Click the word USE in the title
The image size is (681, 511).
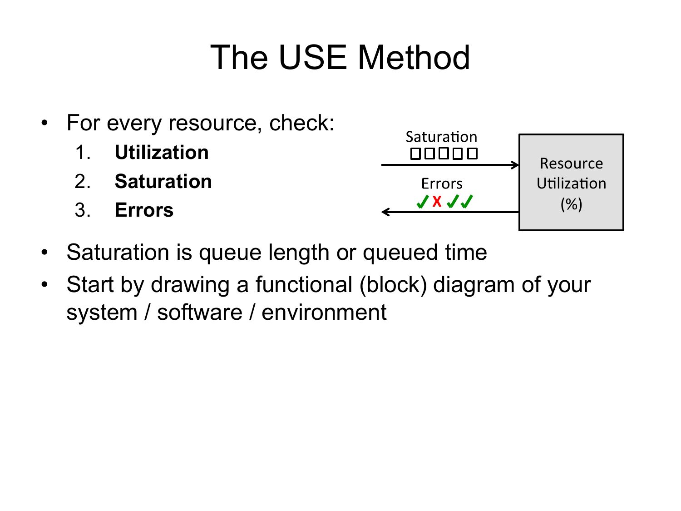[x=313, y=57]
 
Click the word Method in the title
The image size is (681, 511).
[x=414, y=57]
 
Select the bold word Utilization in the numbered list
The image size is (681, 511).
[x=162, y=152]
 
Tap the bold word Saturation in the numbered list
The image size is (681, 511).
[x=163, y=181]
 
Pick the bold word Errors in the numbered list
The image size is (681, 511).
[x=144, y=210]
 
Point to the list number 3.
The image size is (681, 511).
[x=83, y=210]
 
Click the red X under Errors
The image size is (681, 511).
[x=437, y=202]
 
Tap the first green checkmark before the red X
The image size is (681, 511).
[x=423, y=202]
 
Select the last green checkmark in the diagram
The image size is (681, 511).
[x=467, y=202]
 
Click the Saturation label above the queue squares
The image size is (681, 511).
[x=441, y=137]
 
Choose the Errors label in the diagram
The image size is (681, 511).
[x=442, y=184]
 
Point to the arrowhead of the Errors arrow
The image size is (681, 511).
[x=385, y=212]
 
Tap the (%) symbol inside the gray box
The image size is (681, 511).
[x=571, y=204]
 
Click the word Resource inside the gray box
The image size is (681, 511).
[x=571, y=164]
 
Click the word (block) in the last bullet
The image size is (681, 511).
[x=393, y=285]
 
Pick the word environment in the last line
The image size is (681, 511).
[x=324, y=312]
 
